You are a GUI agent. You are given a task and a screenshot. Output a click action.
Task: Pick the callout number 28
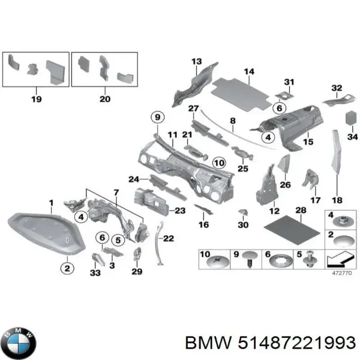[x=301, y=210]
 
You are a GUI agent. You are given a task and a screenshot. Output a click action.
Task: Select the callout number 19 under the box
[x=35, y=99]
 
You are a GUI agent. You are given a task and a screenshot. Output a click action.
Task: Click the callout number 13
[x=196, y=62]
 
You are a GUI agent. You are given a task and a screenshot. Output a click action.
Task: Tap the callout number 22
[x=168, y=239]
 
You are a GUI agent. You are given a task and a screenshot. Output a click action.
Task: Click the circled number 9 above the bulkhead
[x=157, y=118]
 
